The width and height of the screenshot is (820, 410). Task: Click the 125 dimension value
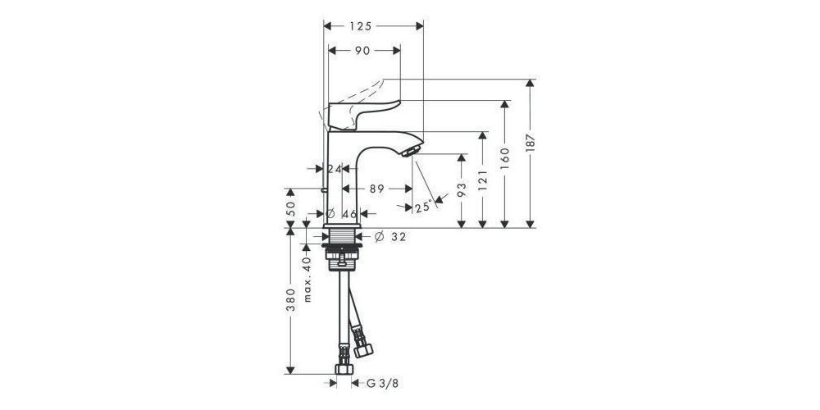[361, 26]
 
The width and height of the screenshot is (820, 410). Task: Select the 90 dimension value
[362, 50]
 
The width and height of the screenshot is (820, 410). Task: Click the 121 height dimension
[482, 180]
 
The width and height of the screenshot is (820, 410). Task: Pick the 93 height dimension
[461, 190]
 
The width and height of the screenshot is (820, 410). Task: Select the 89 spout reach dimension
[377, 189]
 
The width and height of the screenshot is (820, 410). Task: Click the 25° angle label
[423, 207]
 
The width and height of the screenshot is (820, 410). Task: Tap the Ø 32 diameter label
[390, 237]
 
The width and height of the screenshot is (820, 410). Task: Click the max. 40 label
[307, 279]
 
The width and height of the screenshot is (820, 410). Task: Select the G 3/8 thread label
[382, 383]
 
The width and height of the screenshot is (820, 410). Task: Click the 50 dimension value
[291, 208]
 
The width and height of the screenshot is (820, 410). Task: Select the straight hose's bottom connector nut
[344, 369]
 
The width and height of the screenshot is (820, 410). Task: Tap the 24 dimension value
[334, 168]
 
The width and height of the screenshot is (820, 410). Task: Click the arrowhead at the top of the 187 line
[531, 83]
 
